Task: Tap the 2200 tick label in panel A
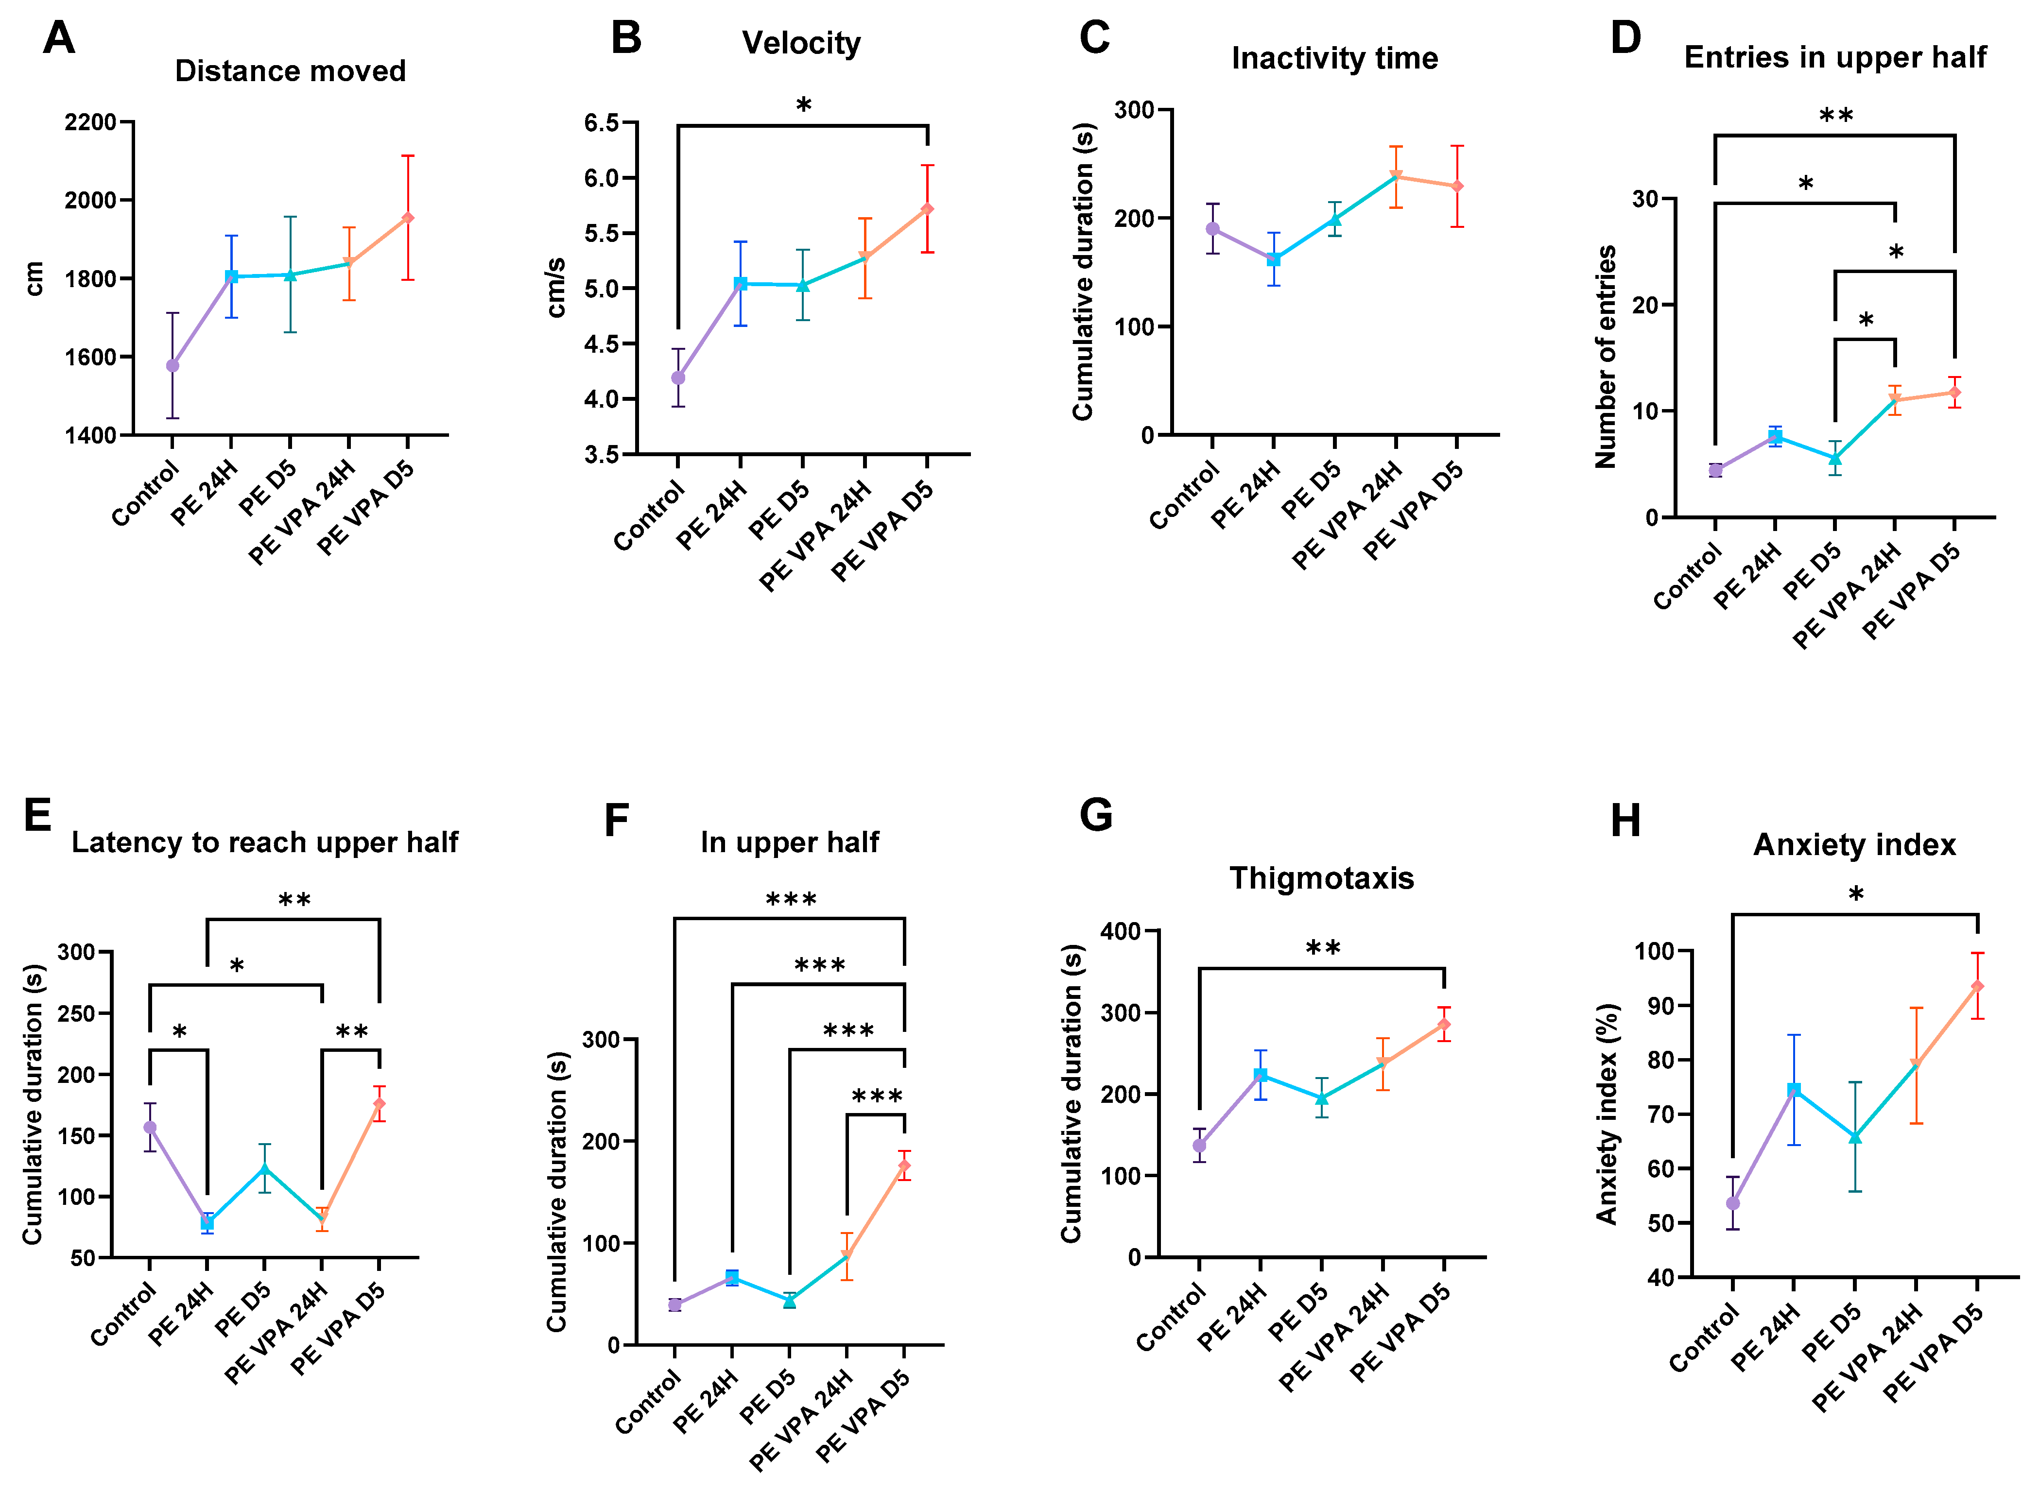coord(90,122)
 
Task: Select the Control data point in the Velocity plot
coord(678,378)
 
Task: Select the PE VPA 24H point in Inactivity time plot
coord(1396,176)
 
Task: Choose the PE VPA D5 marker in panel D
coord(1954,393)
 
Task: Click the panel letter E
coord(38,815)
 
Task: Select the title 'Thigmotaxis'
coord(1321,878)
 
